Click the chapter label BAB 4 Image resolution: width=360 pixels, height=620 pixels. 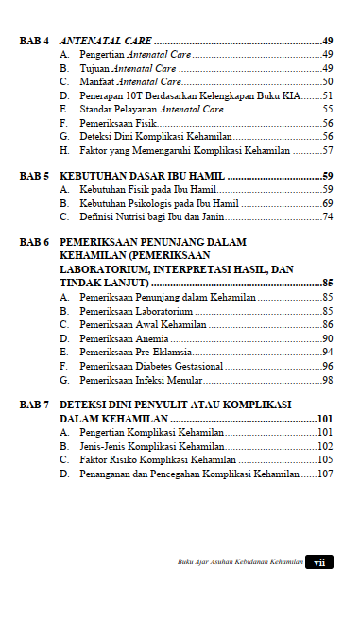click(x=35, y=42)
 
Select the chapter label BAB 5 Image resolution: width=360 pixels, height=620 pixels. click(x=35, y=176)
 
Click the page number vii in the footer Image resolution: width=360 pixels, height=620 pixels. click(x=320, y=561)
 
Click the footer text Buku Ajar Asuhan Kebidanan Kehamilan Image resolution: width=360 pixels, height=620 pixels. click(x=240, y=562)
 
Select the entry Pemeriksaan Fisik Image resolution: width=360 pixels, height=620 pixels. click(x=120, y=123)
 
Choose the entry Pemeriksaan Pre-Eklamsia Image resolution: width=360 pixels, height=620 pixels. click(x=135, y=352)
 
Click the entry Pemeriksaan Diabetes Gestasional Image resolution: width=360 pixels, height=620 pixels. click(x=151, y=366)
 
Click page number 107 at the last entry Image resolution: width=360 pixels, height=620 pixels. click(x=325, y=474)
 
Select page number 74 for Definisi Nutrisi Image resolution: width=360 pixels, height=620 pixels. click(x=327, y=216)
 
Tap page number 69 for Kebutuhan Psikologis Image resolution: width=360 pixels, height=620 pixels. click(x=327, y=203)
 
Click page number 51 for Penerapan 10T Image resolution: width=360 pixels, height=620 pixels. click(x=327, y=95)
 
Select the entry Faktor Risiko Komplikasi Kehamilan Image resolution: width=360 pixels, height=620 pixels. click(x=157, y=459)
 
